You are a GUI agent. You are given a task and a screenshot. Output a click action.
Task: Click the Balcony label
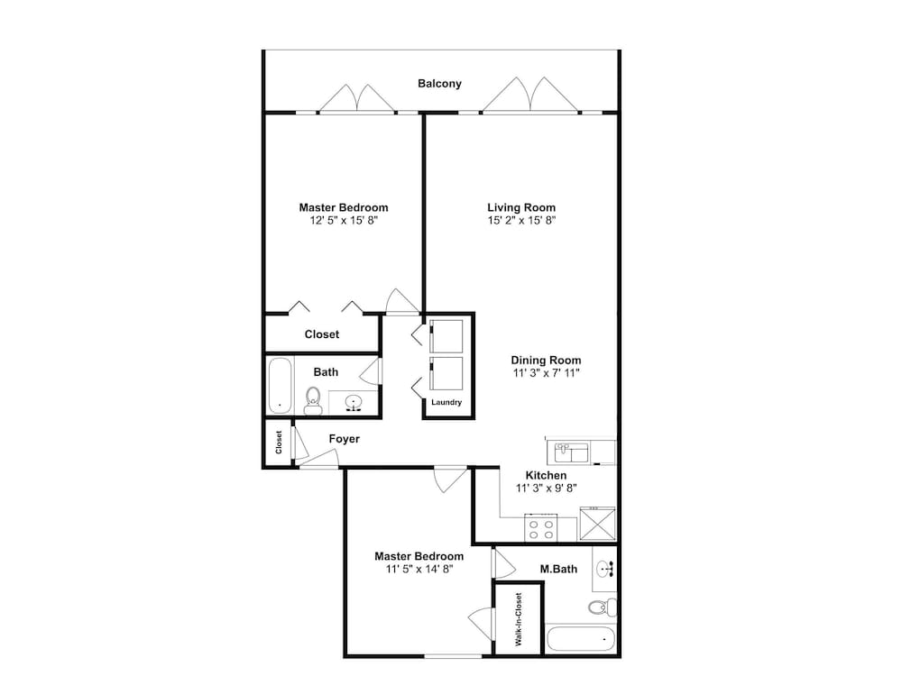439,83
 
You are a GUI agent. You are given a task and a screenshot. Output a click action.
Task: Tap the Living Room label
521,207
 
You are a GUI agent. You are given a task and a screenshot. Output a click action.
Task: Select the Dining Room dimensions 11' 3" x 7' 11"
546,372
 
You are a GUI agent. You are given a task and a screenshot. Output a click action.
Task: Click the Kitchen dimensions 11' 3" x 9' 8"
546,488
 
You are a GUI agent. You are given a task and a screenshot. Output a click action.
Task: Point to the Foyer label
344,439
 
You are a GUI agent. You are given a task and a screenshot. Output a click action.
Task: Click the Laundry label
446,402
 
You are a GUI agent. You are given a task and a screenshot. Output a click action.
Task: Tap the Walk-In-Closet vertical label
519,619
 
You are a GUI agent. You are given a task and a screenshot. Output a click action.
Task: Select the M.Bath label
558,569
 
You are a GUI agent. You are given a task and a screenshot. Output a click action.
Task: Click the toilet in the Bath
313,400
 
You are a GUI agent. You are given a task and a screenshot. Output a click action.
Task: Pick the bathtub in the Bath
281,385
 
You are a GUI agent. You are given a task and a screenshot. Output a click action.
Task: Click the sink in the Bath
354,402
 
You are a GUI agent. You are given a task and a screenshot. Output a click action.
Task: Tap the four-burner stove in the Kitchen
540,528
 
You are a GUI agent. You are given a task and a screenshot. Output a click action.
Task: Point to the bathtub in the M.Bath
581,639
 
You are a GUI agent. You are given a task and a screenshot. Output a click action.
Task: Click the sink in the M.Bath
605,569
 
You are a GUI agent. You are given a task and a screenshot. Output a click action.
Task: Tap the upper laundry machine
446,336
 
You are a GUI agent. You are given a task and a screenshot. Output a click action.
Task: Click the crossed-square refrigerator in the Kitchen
598,524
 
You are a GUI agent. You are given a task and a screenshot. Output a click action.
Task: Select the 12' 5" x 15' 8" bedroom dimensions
344,220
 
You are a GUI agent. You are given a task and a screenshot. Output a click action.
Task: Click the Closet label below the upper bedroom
322,334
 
